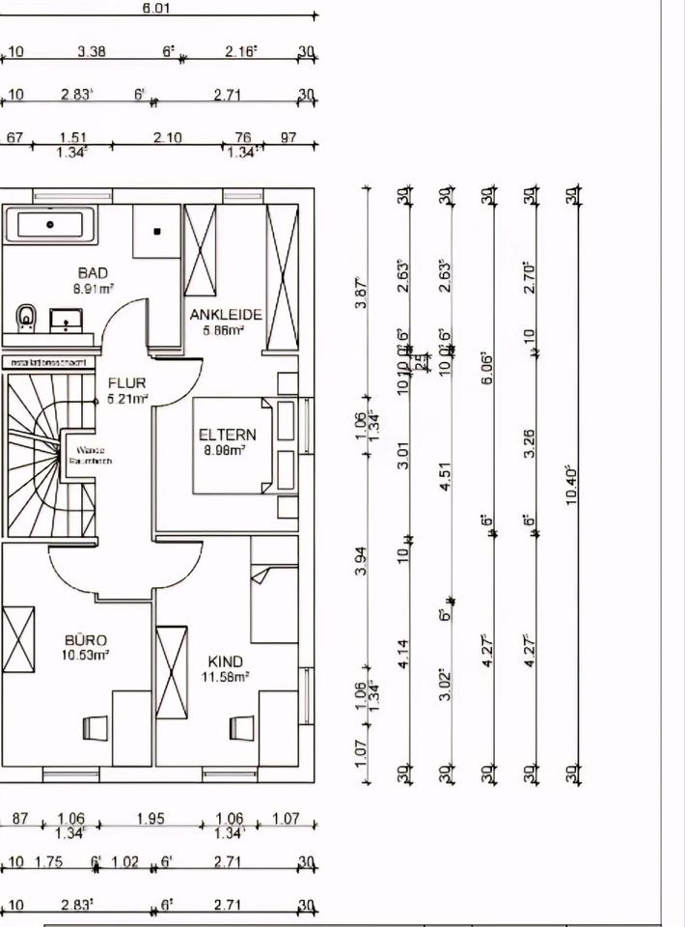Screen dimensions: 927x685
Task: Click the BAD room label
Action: (x=93, y=273)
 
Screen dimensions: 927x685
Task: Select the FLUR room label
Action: (x=126, y=383)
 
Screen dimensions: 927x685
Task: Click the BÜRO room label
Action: (x=86, y=640)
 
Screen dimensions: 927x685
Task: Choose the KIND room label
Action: (x=226, y=662)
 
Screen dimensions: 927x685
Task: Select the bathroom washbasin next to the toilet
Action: (x=66, y=320)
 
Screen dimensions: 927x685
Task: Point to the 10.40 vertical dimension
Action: (x=571, y=483)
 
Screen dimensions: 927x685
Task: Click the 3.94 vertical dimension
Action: (x=361, y=561)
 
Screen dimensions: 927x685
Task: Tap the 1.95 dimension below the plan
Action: (x=151, y=819)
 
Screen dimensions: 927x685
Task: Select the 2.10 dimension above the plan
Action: (x=167, y=138)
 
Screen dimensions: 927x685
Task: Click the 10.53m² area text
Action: (x=86, y=655)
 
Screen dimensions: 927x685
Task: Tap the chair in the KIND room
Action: (x=241, y=726)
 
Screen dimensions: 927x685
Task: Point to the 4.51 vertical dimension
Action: (x=446, y=482)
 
